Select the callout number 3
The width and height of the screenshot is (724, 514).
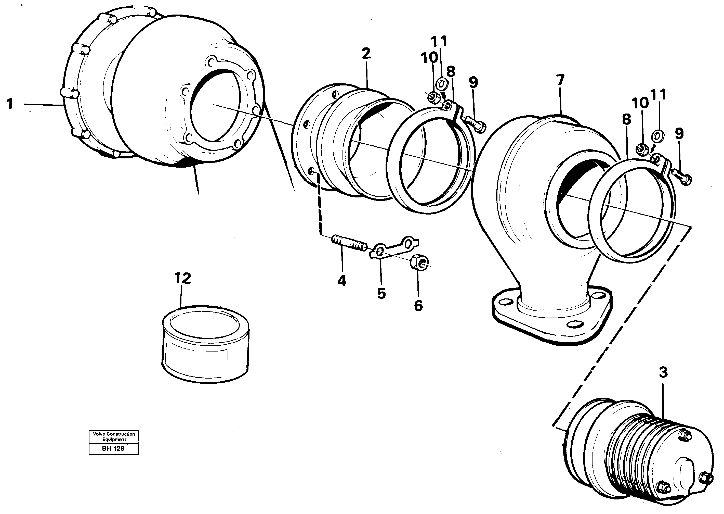click(x=663, y=372)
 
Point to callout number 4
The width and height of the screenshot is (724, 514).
click(x=341, y=280)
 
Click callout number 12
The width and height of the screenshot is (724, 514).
click(x=183, y=278)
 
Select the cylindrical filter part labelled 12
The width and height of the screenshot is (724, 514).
click(x=205, y=345)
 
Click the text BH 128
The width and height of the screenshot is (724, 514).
click(x=113, y=448)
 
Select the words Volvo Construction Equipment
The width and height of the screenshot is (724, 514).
click(x=114, y=436)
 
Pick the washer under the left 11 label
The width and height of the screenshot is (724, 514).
click(x=442, y=84)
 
